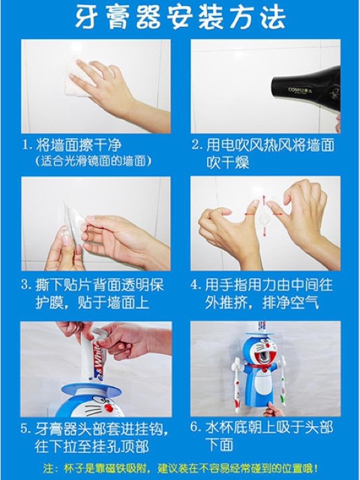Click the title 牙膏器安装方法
coord(180,17)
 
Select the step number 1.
coord(27,145)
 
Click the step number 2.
coord(196,145)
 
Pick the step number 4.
coord(195,285)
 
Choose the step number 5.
coord(25,428)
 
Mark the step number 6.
coord(195,427)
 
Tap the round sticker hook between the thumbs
coord(263,218)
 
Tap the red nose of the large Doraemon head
coord(107,407)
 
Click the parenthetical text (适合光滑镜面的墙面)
coord(93,160)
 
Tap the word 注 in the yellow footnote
coord(48,468)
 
